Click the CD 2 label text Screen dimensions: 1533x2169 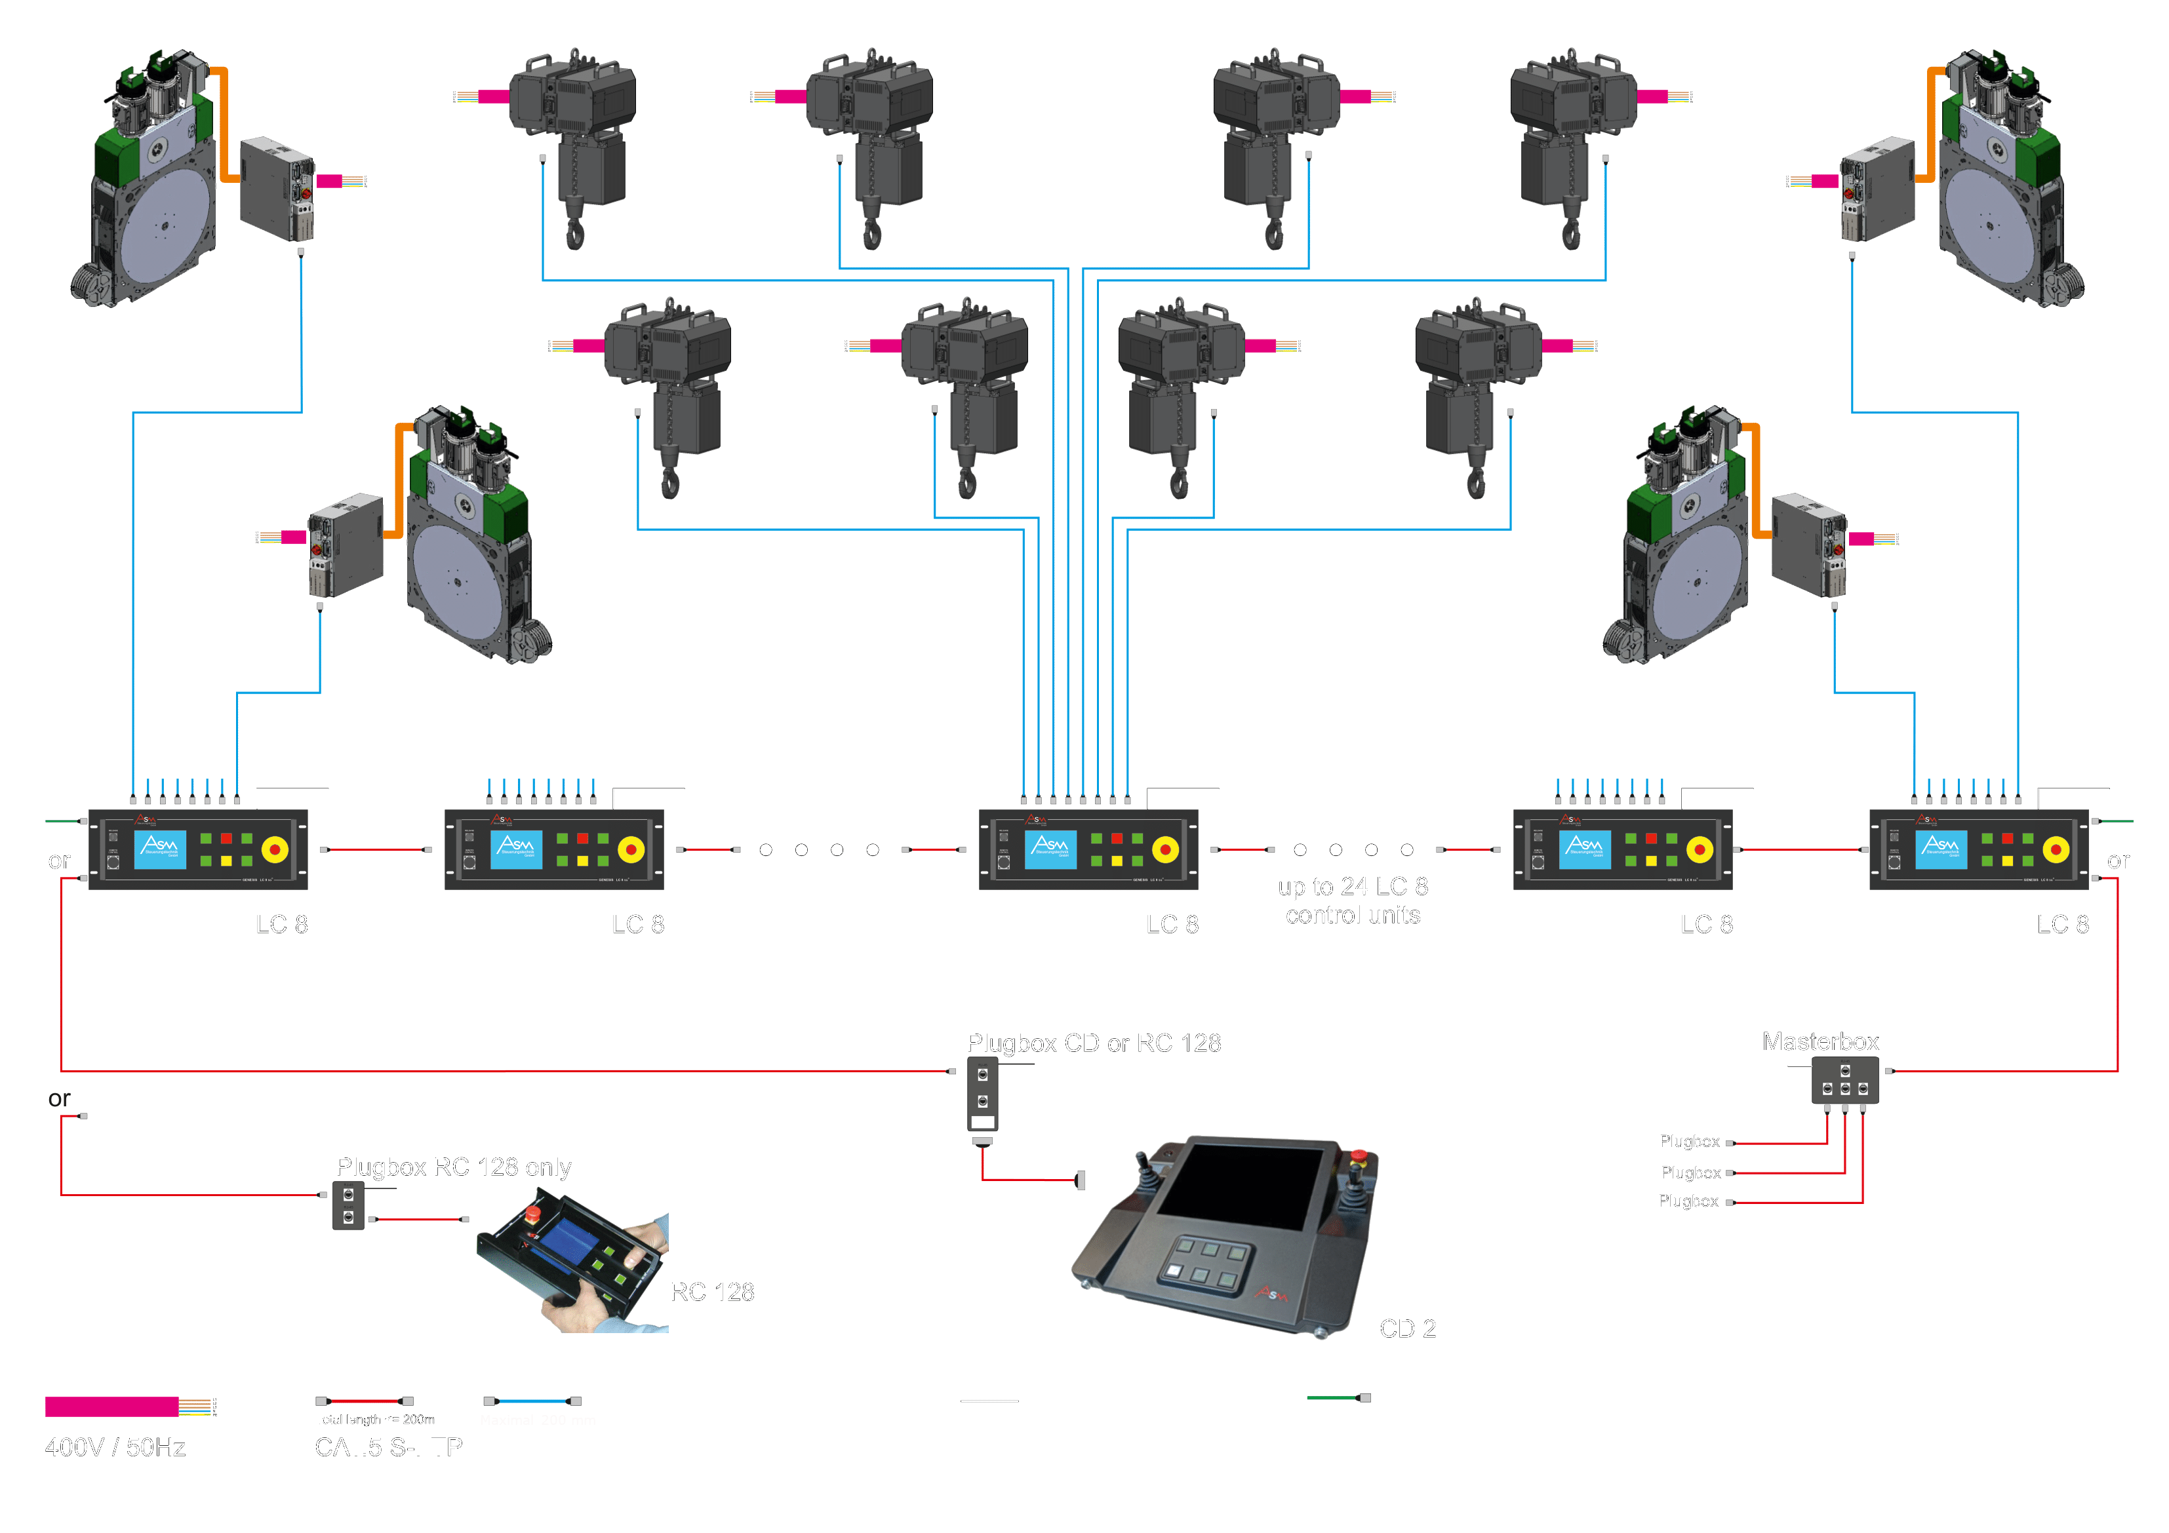click(x=1408, y=1329)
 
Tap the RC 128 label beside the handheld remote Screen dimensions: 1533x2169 click(x=712, y=1292)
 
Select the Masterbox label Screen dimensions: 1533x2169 click(x=1820, y=1042)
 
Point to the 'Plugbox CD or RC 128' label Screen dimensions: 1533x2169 click(x=1093, y=1043)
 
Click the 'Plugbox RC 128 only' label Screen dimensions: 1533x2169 click(x=454, y=1167)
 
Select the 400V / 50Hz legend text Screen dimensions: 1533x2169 click(x=115, y=1448)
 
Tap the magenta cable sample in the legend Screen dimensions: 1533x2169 click(x=111, y=1407)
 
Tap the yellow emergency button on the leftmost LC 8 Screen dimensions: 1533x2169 click(x=275, y=850)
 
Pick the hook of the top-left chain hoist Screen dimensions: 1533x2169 click(x=574, y=233)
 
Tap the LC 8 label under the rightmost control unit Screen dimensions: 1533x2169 click(x=2062, y=925)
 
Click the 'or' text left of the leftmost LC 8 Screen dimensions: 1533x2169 click(x=58, y=861)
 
